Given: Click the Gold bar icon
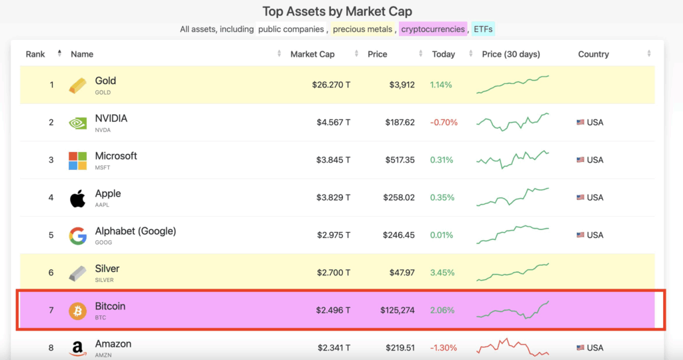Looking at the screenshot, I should click(78, 85).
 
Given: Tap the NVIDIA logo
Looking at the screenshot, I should click(78, 123).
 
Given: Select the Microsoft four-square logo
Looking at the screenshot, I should click(78, 160).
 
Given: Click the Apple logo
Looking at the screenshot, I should click(78, 198).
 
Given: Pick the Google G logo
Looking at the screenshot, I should click(78, 235).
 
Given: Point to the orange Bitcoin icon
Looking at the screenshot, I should click(78, 311).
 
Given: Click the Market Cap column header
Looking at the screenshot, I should click(312, 54).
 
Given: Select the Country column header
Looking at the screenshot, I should click(593, 54).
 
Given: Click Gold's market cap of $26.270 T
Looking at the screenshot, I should click(331, 85).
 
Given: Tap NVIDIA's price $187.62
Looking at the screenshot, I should click(400, 123).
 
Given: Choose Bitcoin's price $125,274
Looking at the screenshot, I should click(398, 310).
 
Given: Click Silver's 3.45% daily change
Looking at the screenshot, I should click(442, 273).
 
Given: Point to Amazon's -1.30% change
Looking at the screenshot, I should click(444, 347).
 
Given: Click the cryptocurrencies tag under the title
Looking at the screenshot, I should click(433, 29).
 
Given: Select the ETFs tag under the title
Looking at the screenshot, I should click(484, 29).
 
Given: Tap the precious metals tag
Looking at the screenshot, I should click(362, 29).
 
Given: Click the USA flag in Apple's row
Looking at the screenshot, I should click(580, 197).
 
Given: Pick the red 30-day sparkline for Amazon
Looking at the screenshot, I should click(512, 347).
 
